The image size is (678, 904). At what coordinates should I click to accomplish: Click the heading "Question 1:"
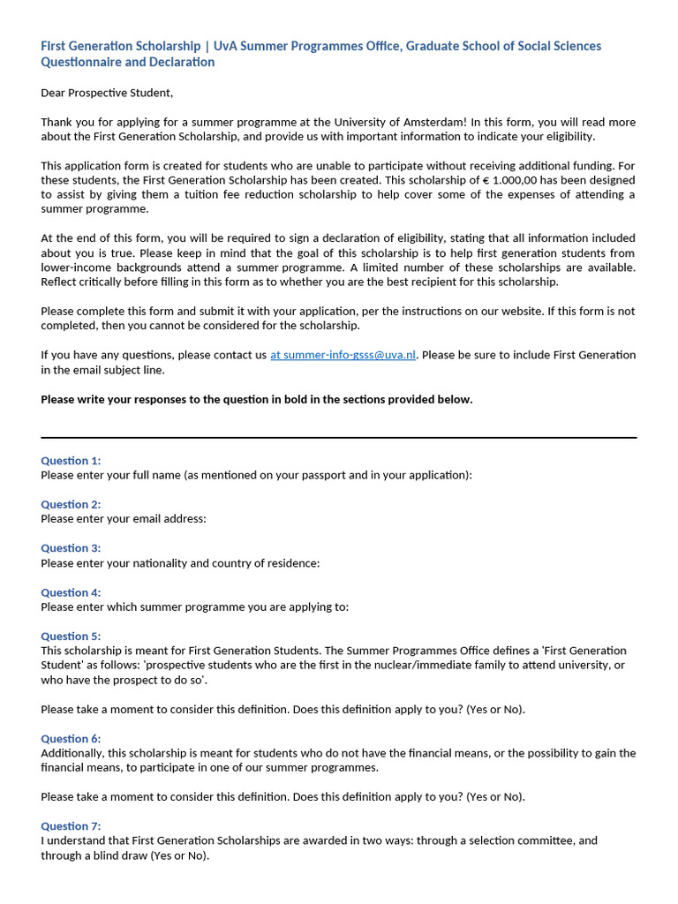tap(71, 460)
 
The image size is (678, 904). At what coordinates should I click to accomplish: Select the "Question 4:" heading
tap(71, 592)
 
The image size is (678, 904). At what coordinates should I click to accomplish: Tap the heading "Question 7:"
tap(71, 826)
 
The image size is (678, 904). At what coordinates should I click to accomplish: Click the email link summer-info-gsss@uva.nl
tap(343, 355)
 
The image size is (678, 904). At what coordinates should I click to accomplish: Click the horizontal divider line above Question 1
tap(338, 437)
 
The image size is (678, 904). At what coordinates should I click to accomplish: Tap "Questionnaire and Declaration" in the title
tap(128, 62)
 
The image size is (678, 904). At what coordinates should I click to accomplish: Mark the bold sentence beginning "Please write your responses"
tap(257, 399)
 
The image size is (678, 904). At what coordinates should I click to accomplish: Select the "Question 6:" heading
tap(71, 738)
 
